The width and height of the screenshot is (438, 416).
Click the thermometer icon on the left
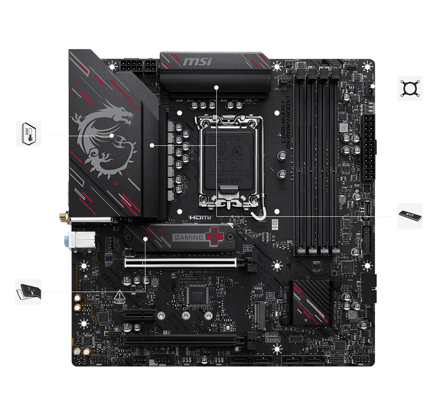[28, 134]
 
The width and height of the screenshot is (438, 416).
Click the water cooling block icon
[410, 88]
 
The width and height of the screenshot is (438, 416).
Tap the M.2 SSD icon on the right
[410, 216]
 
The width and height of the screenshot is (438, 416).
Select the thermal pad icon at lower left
[28, 292]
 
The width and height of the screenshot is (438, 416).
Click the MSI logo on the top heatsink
[197, 61]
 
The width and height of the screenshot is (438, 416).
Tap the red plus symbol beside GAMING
[215, 237]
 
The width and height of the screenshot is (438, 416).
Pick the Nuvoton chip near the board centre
[196, 296]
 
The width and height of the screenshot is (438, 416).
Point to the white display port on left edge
[81, 240]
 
